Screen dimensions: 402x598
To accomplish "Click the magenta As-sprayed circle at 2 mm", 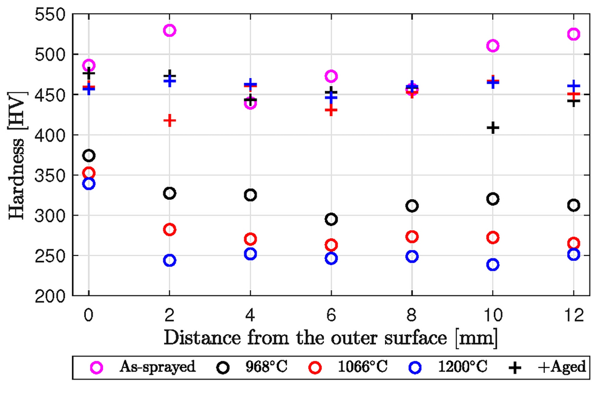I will [169, 30].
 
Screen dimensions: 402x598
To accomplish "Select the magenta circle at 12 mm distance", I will [573, 34].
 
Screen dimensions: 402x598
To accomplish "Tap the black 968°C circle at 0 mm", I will [89, 156].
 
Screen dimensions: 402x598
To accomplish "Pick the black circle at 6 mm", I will [331, 219].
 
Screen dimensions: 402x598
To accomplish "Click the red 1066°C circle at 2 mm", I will [169, 229].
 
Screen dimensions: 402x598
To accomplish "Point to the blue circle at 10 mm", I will [493, 265].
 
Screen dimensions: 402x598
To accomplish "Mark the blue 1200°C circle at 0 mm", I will [89, 183].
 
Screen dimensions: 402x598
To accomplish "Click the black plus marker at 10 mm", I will [493, 128].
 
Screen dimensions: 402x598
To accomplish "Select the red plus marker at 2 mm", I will [169, 120].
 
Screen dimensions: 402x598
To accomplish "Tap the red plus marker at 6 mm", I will [331, 110].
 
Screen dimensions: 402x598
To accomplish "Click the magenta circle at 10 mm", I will [493, 45].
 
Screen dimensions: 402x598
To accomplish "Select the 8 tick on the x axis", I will [412, 315].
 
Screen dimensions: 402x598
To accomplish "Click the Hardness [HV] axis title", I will [17, 155].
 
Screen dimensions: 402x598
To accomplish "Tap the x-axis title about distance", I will [330, 337].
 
